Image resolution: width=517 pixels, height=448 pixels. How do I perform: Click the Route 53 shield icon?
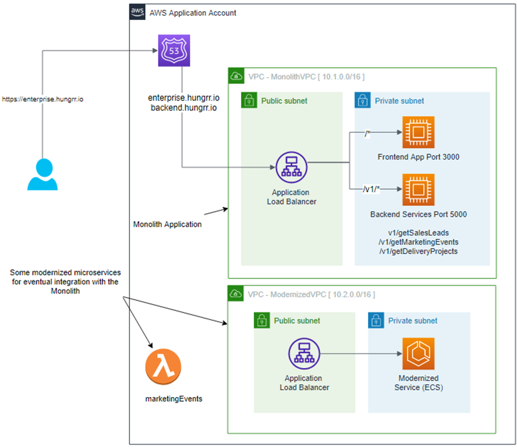tap(174, 50)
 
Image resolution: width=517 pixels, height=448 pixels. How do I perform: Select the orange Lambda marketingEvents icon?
tap(163, 368)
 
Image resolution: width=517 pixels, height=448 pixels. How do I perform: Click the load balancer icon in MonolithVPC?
tap(291, 167)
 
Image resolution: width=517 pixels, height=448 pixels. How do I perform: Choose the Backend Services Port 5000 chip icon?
tap(418, 189)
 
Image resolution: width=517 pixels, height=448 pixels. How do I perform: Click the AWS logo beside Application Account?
tap(137, 12)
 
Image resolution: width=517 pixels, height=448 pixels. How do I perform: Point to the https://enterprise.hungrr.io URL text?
tap(43, 100)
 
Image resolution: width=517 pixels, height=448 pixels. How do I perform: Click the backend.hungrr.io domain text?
tap(184, 108)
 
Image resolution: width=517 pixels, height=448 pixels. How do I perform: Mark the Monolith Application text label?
tap(167, 224)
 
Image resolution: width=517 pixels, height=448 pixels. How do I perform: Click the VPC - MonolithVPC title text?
tap(307, 76)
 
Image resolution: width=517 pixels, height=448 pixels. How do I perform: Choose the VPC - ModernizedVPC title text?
tap(311, 294)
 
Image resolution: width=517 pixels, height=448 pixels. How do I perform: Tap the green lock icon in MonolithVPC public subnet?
tap(249, 100)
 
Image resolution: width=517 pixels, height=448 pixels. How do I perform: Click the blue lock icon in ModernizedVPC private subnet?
tap(376, 320)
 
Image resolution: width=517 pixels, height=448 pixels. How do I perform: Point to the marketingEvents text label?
tap(173, 398)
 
